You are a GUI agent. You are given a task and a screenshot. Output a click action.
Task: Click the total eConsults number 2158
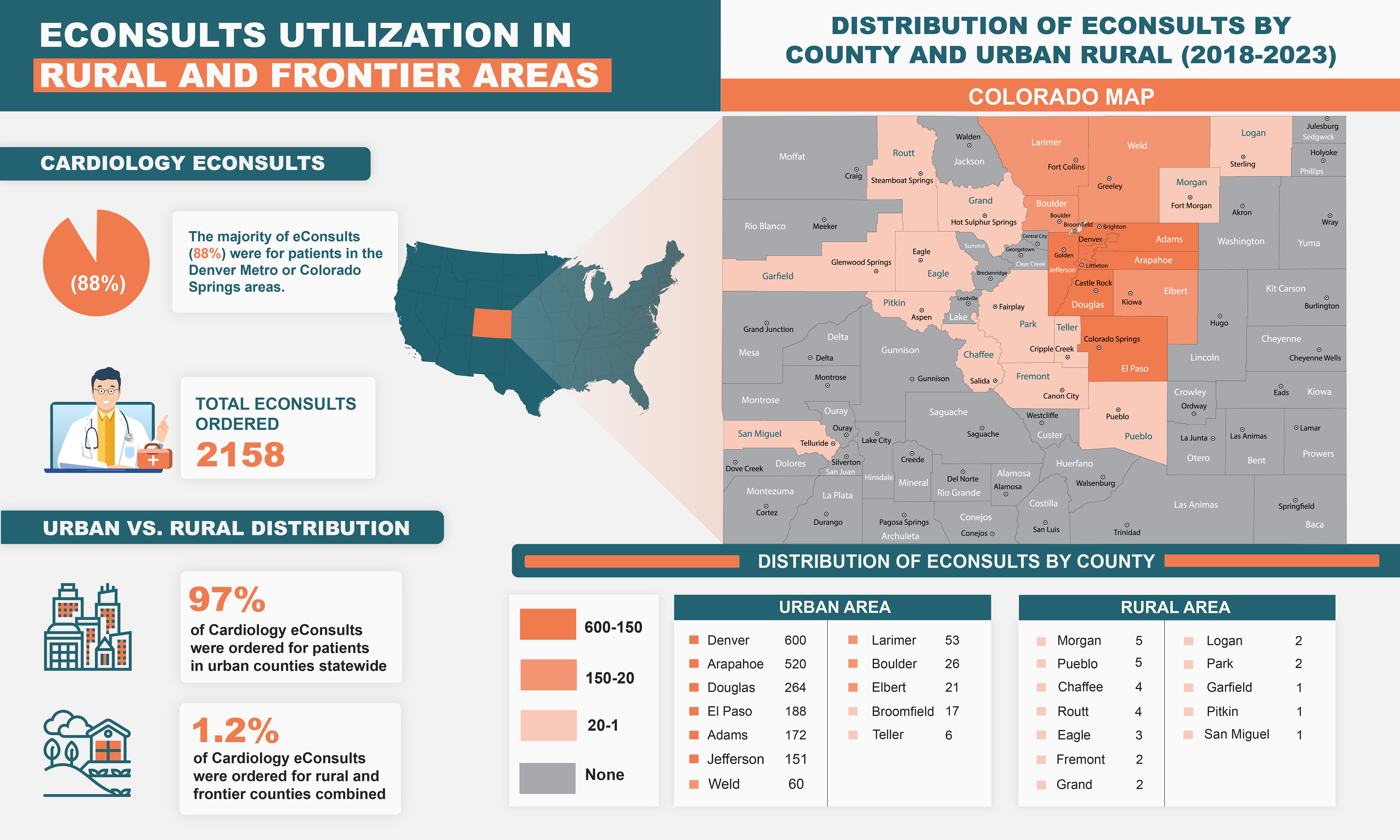tap(241, 454)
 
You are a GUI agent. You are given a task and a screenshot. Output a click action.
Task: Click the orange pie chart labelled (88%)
tap(96, 263)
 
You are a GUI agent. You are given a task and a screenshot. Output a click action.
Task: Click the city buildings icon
tap(88, 627)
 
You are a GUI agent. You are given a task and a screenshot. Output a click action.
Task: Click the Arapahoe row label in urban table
tap(735, 664)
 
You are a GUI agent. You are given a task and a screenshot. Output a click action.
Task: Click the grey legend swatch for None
tap(547, 778)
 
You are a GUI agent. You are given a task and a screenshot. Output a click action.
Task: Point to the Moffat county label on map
tap(792, 157)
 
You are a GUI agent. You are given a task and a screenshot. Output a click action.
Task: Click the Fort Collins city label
tap(1066, 167)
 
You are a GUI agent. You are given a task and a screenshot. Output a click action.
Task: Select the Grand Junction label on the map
tap(768, 330)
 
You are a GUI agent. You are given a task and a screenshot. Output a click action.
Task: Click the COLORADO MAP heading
tap(1060, 97)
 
